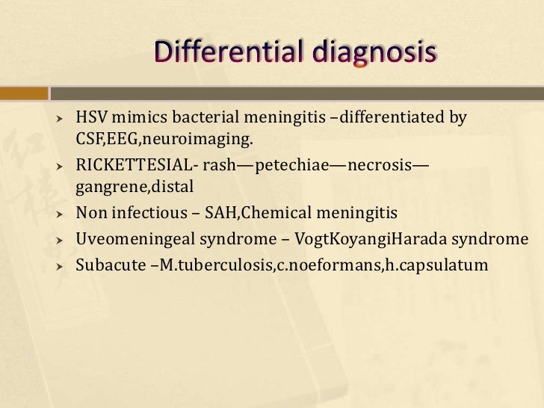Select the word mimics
139,117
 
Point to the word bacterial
204,117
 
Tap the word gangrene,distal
129,187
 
